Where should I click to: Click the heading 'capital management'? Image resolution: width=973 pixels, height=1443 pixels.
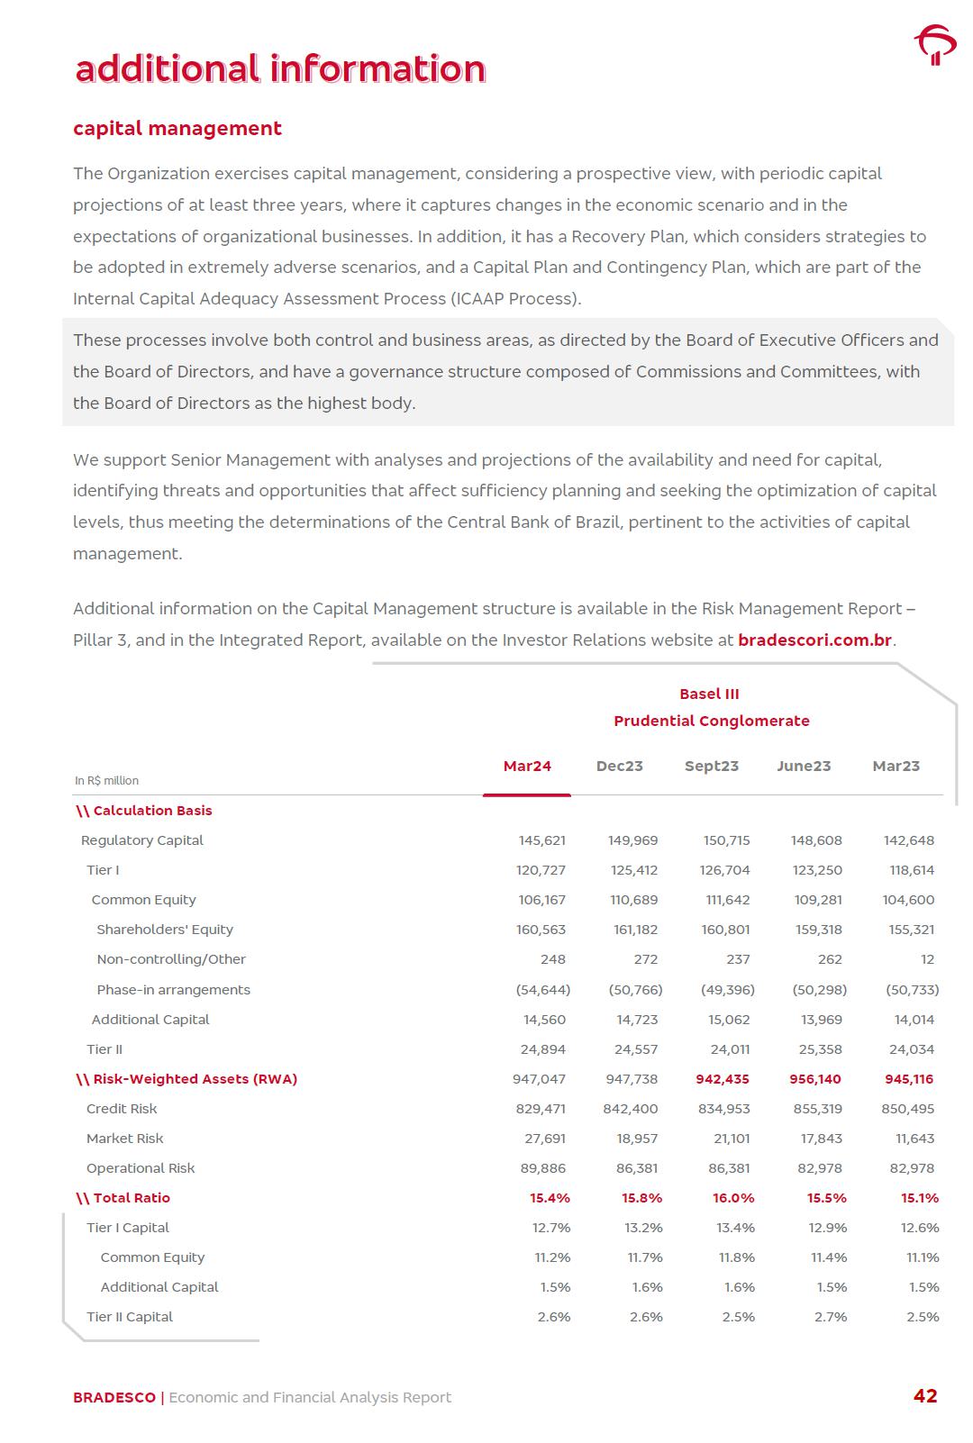[x=177, y=129]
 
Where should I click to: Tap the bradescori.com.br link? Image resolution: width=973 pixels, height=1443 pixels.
[x=814, y=640]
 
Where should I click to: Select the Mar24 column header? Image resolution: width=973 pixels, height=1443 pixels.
[x=527, y=767]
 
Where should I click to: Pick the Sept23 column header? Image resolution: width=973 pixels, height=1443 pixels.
[x=711, y=767]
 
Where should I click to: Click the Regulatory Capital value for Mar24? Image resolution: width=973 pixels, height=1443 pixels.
[x=542, y=840]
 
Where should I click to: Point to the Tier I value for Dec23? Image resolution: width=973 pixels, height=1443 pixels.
[x=633, y=870]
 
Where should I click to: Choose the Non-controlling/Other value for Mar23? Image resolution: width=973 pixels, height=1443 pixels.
[x=927, y=959]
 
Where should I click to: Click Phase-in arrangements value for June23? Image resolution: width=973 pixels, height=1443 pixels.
[x=819, y=990]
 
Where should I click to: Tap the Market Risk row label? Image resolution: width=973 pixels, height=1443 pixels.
[x=125, y=1139]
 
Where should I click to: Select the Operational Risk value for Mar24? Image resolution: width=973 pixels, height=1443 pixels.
[x=543, y=1168]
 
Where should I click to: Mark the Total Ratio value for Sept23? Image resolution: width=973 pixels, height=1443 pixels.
[x=733, y=1198]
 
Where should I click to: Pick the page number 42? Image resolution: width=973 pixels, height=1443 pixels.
[x=925, y=1396]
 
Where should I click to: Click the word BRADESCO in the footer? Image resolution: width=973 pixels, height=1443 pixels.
[x=114, y=1398]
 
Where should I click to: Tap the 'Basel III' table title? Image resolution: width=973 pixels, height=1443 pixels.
[x=709, y=694]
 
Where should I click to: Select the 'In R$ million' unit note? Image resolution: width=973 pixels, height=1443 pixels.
[x=106, y=781]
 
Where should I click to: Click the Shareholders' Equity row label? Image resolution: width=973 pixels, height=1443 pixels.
[x=165, y=930]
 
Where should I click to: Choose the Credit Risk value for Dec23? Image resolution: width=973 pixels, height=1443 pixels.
[x=631, y=1109]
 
